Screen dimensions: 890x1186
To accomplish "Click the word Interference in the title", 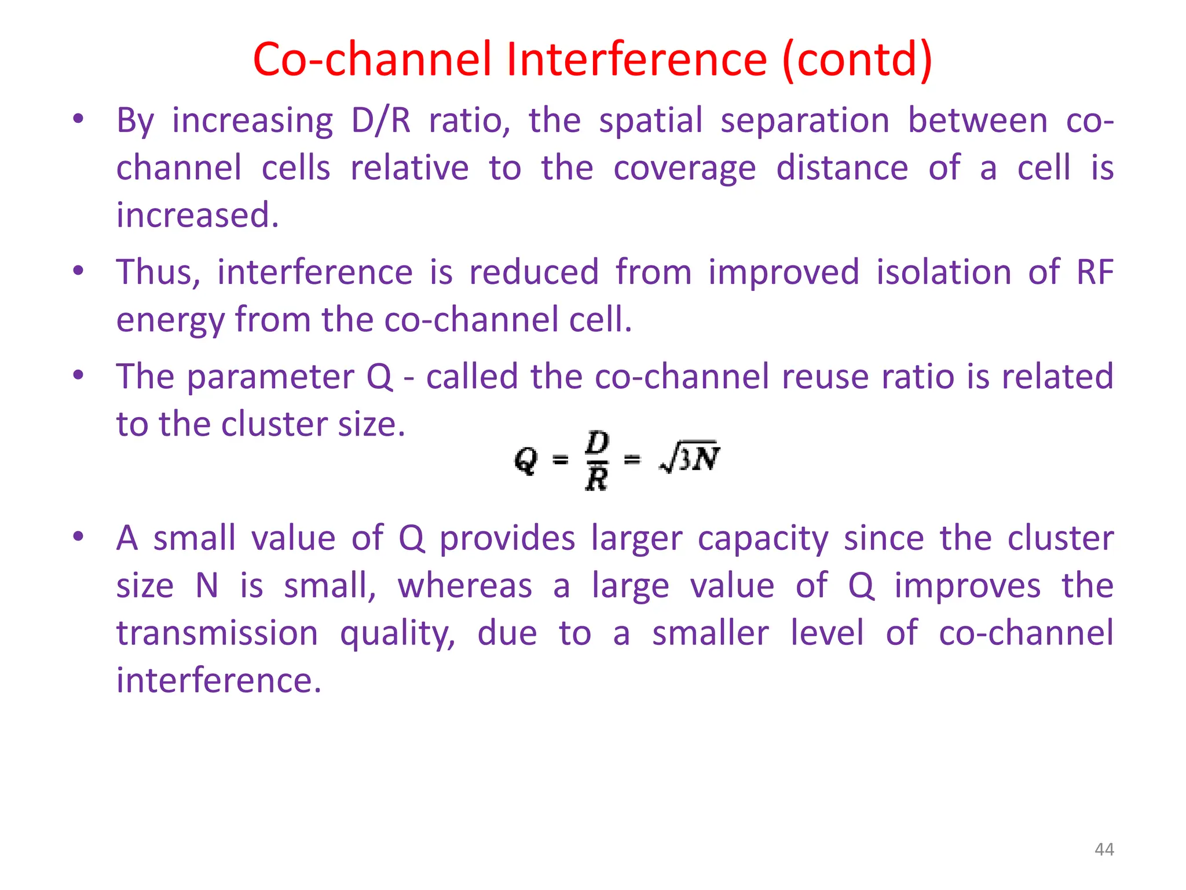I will click(636, 59).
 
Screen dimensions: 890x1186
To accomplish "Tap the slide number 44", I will click(1104, 849).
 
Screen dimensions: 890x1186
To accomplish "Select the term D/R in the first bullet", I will click(381, 121).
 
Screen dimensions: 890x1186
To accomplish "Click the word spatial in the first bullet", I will click(650, 121).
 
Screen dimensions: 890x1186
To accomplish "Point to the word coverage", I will click(684, 169).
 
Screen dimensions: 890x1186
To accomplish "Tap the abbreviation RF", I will click(1095, 272).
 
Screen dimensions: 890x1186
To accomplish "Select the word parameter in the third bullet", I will click(270, 377).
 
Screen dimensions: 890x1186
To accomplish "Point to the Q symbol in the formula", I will click(526, 461).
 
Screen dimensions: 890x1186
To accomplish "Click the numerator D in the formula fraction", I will click(597, 443).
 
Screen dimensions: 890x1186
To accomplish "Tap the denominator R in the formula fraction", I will click(596, 479).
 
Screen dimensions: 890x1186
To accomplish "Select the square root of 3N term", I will click(689, 459).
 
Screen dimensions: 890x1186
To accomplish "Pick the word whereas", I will click(464, 586).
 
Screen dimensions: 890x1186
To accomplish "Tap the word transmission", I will click(217, 633).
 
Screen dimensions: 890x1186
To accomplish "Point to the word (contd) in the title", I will click(857, 59).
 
